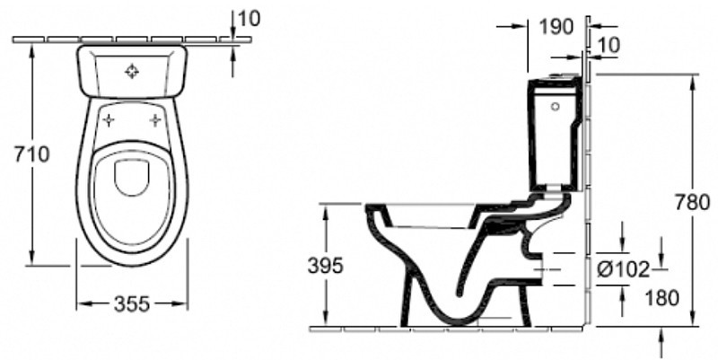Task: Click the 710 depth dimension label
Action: coord(31,154)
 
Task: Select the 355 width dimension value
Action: coord(132,303)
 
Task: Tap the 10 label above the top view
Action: coord(250,19)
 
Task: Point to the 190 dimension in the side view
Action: coord(556,27)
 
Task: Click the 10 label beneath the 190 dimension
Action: coord(609,46)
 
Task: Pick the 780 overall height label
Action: coord(692,202)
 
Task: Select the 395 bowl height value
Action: coord(325,266)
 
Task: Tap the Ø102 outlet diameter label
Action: coord(623,269)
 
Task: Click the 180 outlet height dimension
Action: coord(662,299)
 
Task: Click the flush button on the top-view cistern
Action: coord(132,71)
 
